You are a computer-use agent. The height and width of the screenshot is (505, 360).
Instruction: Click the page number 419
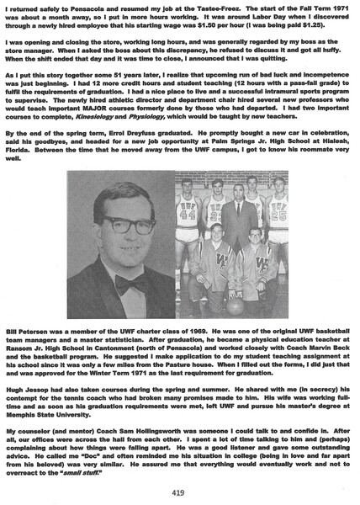point(179,492)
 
